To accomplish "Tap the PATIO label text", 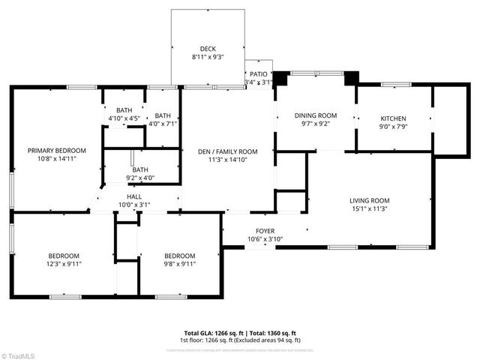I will tap(259, 74).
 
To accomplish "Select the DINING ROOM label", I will tap(315, 115).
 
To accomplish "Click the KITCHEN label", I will tap(393, 118).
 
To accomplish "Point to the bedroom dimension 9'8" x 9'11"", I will tap(180, 264).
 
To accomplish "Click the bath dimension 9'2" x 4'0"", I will tap(140, 178).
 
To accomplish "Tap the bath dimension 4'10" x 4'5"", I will tap(124, 118).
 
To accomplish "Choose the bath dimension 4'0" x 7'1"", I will tap(163, 124).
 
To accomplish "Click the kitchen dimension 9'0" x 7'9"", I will tap(393, 127).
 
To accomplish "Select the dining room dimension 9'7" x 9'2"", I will tap(315, 124).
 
